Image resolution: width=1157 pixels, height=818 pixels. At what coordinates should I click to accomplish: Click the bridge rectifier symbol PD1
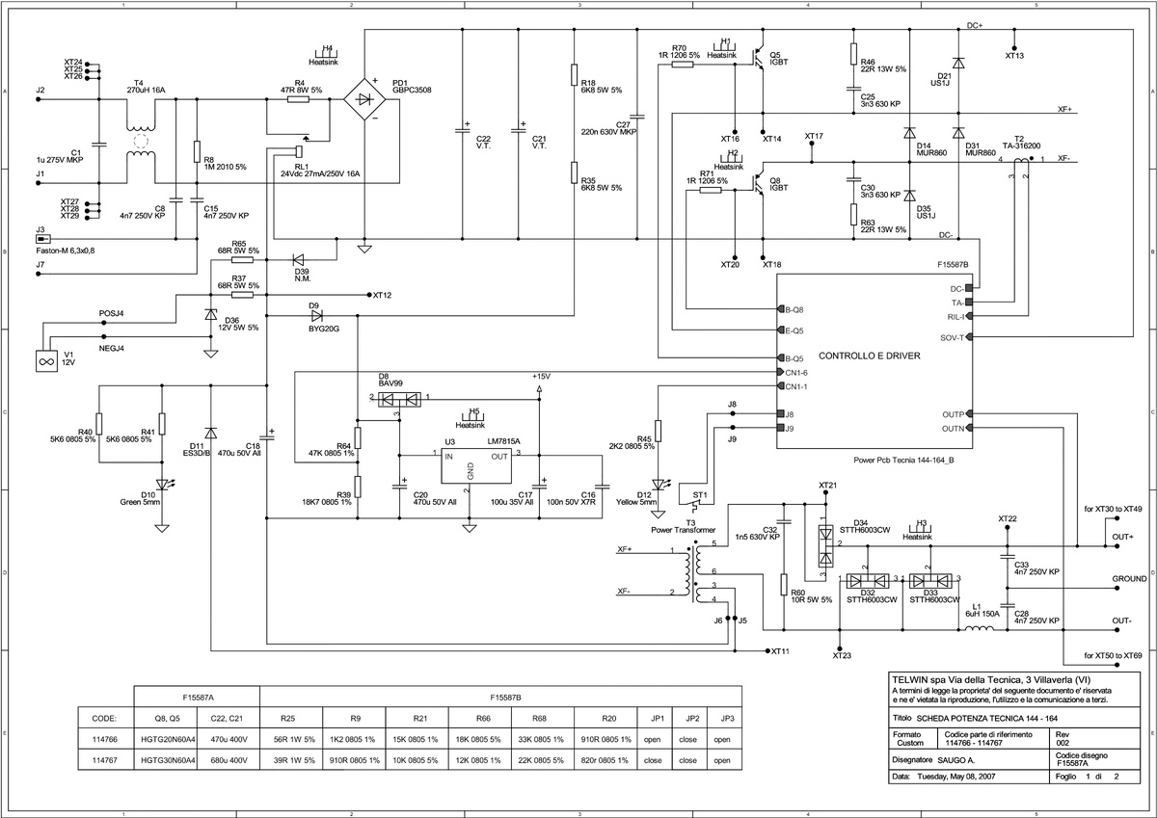(x=363, y=99)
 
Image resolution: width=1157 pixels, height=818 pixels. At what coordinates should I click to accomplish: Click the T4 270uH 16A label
(x=146, y=90)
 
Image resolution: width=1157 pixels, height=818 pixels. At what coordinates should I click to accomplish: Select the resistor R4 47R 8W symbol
(x=300, y=99)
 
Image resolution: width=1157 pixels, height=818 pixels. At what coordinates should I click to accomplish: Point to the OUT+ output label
(x=1122, y=537)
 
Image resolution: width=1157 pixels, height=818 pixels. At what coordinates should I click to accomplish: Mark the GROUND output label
(x=1128, y=579)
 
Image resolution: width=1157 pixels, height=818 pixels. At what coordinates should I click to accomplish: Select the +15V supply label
(x=540, y=375)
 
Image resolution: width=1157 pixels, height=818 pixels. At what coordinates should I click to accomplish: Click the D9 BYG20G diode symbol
(x=314, y=315)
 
